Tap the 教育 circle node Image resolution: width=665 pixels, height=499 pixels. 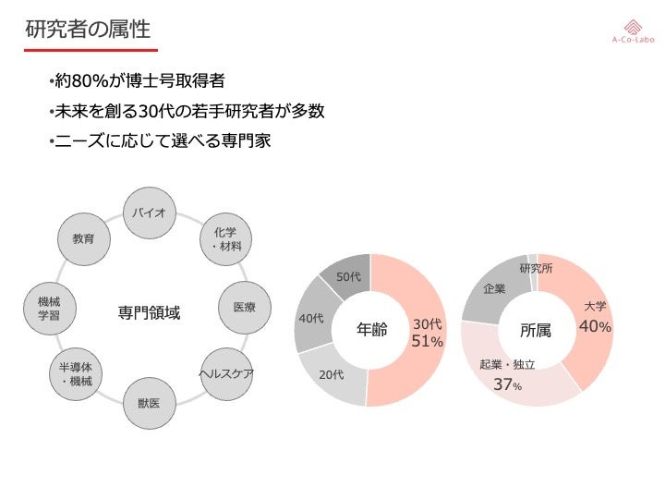(x=83, y=238)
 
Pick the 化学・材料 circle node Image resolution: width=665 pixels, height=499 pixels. (x=225, y=239)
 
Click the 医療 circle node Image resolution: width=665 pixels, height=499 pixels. (x=244, y=306)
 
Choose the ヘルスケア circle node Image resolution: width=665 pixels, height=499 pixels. (x=225, y=374)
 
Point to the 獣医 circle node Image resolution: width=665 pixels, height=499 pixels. (x=148, y=403)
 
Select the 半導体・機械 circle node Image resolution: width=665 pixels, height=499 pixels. (x=76, y=374)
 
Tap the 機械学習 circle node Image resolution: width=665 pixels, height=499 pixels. (x=50, y=308)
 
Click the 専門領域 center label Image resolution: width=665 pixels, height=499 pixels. (x=149, y=313)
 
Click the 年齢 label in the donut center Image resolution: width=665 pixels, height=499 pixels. (x=372, y=331)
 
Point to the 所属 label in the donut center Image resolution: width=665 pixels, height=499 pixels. (x=536, y=331)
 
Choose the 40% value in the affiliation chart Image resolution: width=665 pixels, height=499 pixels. (x=594, y=327)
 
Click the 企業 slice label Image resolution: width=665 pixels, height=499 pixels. (x=494, y=289)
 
